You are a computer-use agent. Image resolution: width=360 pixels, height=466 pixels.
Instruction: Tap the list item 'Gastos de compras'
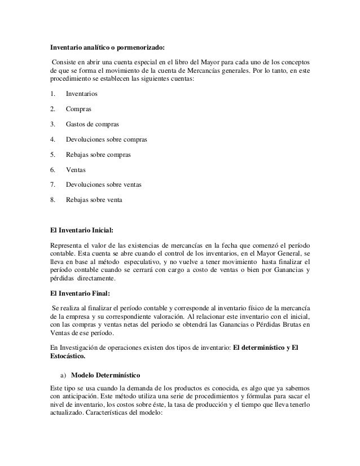(x=93, y=124)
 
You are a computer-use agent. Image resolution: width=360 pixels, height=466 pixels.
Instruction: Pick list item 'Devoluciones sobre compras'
(x=106, y=139)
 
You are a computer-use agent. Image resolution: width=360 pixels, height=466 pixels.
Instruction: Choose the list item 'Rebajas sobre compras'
(x=98, y=154)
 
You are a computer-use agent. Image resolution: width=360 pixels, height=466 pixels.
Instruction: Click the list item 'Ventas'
(x=76, y=169)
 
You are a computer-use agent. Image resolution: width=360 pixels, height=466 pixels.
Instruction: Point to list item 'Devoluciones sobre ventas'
(x=104, y=184)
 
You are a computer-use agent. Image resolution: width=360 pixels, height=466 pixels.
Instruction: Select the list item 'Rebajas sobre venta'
(x=94, y=200)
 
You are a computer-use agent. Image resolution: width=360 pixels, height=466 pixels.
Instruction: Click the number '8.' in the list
(x=53, y=200)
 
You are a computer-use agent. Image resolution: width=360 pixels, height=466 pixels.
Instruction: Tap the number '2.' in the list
(x=53, y=108)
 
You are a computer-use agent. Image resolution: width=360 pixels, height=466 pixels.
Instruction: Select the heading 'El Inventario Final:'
(x=80, y=293)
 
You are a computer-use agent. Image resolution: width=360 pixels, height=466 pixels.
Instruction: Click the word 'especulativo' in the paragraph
(x=148, y=262)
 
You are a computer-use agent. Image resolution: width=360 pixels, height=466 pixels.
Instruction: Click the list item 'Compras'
(x=78, y=108)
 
